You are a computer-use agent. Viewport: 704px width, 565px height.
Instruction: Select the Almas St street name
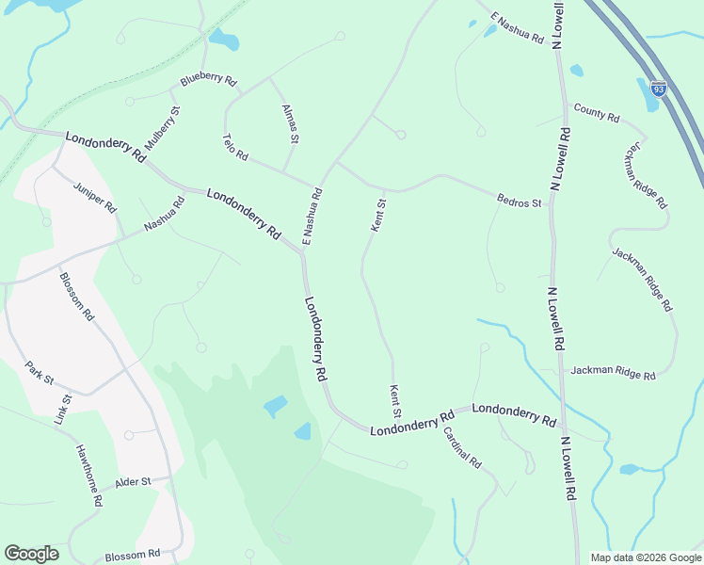[290, 124]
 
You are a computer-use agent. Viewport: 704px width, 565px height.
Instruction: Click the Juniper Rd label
[94, 195]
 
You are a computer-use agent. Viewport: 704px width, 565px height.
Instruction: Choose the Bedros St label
[520, 201]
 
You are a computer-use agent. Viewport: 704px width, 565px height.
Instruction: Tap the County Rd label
[596, 115]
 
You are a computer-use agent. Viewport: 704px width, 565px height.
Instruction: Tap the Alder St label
[133, 483]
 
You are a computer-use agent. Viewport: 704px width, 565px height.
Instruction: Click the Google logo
[31, 554]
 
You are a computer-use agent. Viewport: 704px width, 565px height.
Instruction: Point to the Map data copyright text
[645, 557]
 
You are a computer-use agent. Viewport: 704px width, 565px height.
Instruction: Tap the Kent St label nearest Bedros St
[377, 215]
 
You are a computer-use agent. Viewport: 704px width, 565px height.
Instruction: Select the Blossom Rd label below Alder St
[133, 556]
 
